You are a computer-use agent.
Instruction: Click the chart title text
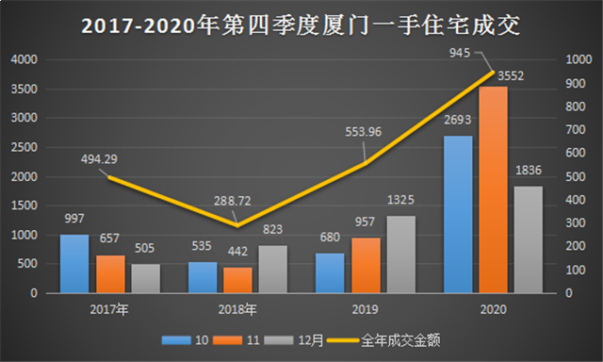pyautogui.click(x=301, y=23)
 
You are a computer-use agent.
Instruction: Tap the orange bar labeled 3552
pyautogui.click(x=493, y=189)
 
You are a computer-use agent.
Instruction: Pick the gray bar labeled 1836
pyautogui.click(x=529, y=239)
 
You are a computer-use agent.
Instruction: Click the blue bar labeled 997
pyautogui.click(x=73, y=263)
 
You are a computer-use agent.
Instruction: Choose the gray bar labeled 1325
pyautogui.click(x=400, y=255)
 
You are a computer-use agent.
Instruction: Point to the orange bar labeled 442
pyautogui.click(x=236, y=280)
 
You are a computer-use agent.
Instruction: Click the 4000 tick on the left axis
pyautogui.click(x=25, y=59)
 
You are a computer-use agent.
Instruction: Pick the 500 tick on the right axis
pyautogui.click(x=574, y=176)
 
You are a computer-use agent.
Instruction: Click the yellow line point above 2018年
pyautogui.click(x=236, y=225)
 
